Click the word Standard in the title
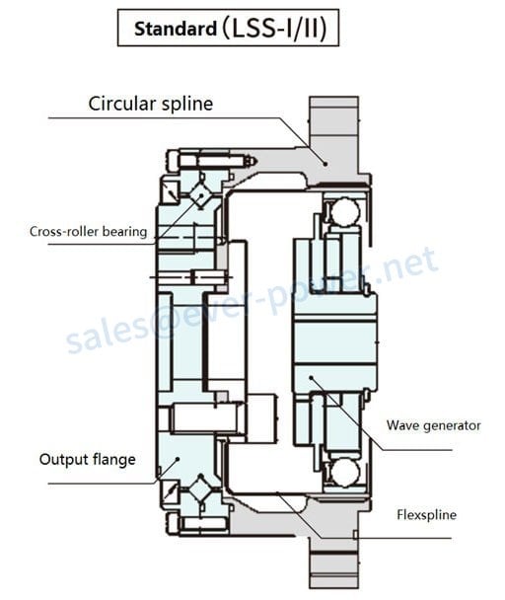[176, 29]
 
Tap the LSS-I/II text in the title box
[274, 29]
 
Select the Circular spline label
[151, 104]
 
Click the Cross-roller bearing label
[89, 232]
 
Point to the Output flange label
[88, 459]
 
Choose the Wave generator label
[433, 425]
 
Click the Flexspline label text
[426, 515]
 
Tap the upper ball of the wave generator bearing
[345, 211]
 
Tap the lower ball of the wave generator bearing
[345, 473]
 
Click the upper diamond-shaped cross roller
[200, 195]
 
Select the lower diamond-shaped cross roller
[200, 487]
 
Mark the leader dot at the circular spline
[325, 164]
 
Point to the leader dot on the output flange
[178, 459]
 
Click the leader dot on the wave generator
[311, 378]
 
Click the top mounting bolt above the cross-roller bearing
[211, 161]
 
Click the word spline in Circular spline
[187, 104]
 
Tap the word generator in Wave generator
[452, 426]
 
